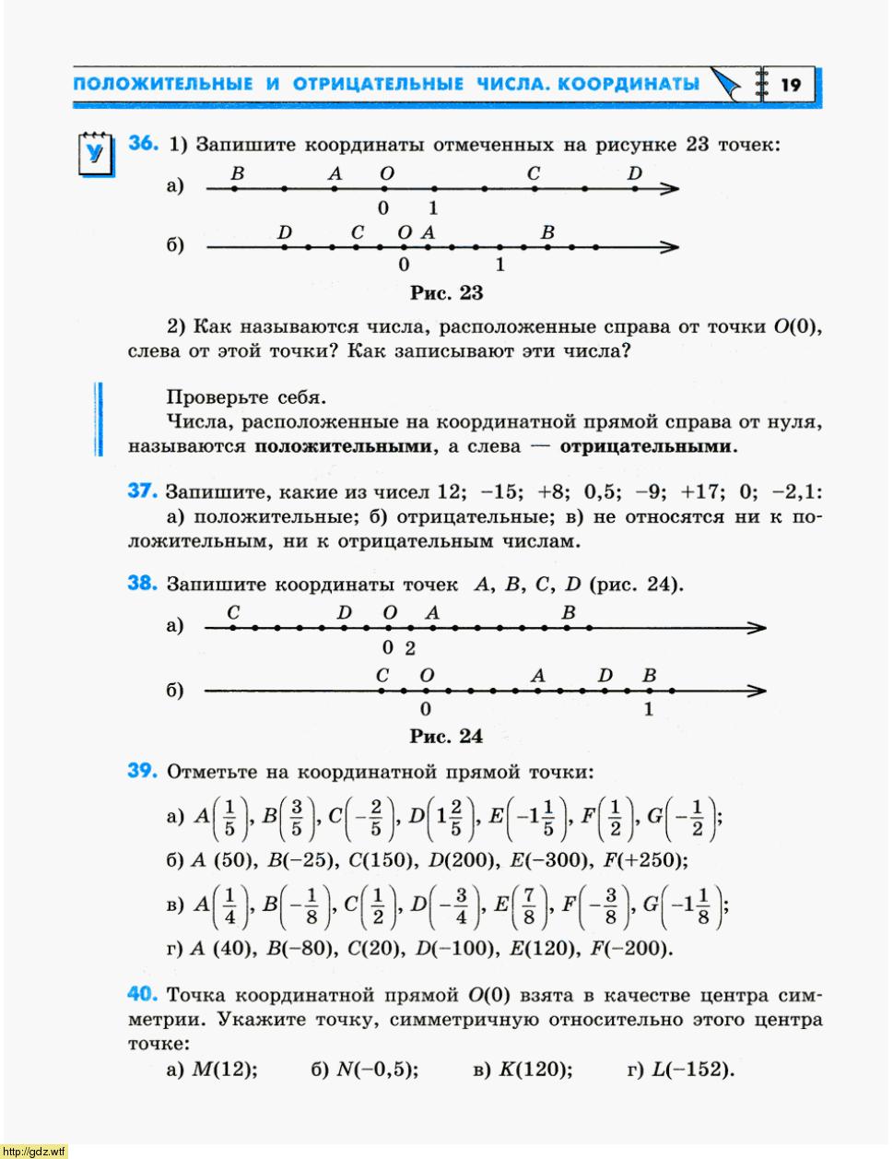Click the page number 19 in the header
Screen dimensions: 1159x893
[790, 86]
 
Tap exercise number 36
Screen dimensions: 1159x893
[143, 144]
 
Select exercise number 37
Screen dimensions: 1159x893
[143, 491]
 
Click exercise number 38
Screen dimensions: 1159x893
[143, 584]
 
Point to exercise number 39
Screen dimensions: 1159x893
[143, 771]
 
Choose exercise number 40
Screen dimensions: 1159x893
[143, 994]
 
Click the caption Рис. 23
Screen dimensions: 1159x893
[446, 293]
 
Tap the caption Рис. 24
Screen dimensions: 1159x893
[446, 736]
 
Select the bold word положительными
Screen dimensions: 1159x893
[343, 447]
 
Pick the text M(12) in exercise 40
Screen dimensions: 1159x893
[224, 1070]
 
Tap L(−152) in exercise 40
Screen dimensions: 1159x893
[692, 1070]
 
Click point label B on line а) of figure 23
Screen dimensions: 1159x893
[238, 173]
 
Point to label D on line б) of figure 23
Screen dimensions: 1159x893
[285, 232]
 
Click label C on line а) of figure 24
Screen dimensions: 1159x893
[233, 612]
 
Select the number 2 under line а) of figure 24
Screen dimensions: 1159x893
[410, 648]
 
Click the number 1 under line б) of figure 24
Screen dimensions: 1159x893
[649, 709]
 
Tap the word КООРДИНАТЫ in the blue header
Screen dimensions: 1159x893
[629, 85]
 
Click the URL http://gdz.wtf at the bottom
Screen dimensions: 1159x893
[35, 1151]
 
